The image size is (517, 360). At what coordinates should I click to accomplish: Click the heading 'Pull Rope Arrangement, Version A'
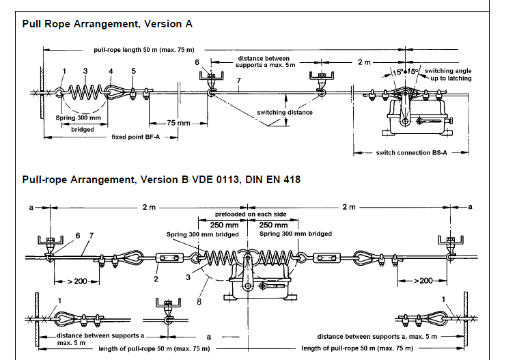[107, 23]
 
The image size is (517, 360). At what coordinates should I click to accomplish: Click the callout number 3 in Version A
[85, 71]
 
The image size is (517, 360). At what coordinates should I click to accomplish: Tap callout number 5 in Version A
[134, 71]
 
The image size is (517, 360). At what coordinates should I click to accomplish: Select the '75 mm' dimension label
[178, 123]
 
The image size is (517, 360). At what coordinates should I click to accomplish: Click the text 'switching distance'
[285, 112]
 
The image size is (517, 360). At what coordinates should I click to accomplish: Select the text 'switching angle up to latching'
[447, 75]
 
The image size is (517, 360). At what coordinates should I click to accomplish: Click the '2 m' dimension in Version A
[365, 62]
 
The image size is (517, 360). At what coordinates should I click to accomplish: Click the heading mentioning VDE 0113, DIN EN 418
[161, 180]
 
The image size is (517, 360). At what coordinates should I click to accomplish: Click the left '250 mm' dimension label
[223, 224]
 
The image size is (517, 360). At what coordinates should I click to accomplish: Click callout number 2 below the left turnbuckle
[156, 278]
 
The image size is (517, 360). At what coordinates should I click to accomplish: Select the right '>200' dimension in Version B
[425, 281]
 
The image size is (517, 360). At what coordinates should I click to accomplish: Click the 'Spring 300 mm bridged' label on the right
[296, 234]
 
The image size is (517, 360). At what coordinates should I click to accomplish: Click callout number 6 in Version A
[197, 62]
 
